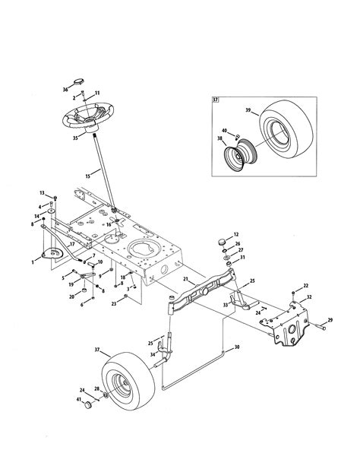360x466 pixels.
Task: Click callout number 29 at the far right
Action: (x=330, y=320)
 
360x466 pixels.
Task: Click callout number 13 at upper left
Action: (x=43, y=193)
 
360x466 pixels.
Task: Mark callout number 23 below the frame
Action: (x=113, y=303)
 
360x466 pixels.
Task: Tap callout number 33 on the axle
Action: (x=226, y=304)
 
